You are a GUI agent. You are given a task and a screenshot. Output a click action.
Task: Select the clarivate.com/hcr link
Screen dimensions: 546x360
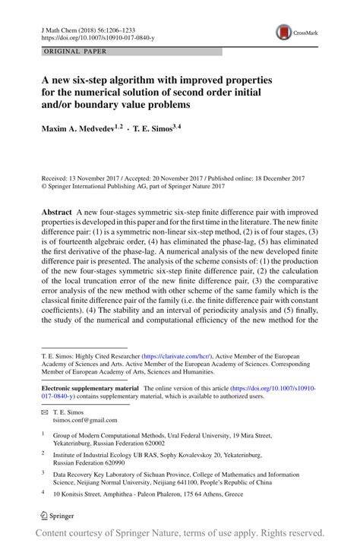click(x=177, y=355)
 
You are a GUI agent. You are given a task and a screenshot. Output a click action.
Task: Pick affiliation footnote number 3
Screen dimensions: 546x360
click(x=43, y=471)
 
